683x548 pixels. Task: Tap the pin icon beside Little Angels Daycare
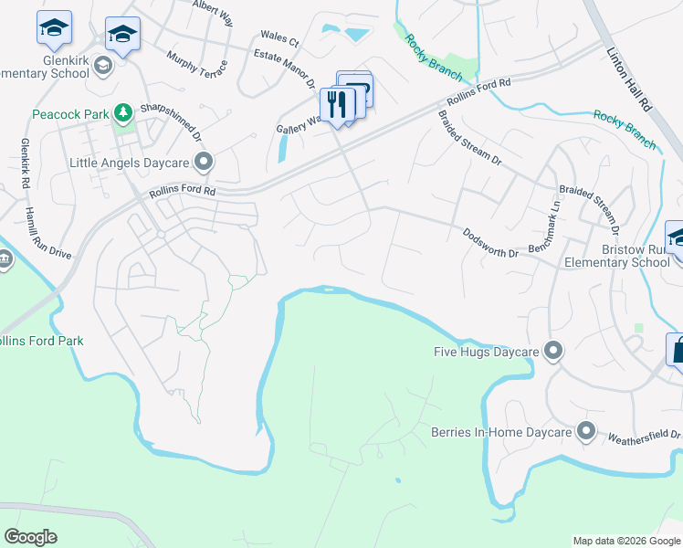click(203, 163)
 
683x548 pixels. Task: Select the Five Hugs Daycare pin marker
click(552, 351)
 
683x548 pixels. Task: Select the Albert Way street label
click(212, 8)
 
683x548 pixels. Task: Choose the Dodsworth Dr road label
click(490, 243)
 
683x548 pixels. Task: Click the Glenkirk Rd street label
click(24, 164)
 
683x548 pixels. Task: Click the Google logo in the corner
click(30, 537)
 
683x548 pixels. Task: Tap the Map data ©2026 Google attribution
click(625, 541)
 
